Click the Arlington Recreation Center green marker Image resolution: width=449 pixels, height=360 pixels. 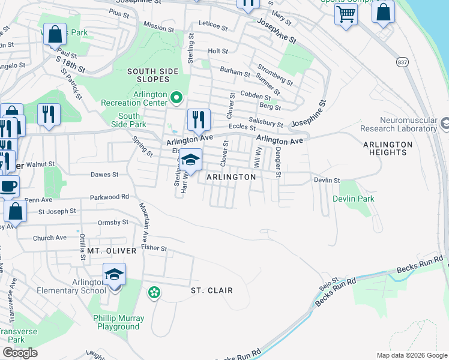tap(176, 97)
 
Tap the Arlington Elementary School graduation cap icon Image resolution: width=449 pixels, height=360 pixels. tap(115, 275)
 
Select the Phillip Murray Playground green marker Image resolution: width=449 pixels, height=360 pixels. tap(154, 292)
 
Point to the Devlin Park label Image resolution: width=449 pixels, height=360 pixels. tap(354, 199)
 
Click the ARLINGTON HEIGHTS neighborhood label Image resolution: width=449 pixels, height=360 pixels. tap(388, 148)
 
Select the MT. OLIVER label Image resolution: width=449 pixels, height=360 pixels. tap(112, 250)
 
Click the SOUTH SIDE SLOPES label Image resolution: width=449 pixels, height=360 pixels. tap(152, 76)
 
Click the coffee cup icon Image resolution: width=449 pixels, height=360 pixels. tap(8, 186)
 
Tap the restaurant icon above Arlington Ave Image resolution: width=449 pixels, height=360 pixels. tap(199, 120)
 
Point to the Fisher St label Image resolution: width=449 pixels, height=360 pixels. tap(154, 247)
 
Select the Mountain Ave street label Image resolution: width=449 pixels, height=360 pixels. tap(146, 223)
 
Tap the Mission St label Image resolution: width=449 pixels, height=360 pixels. tap(159, 26)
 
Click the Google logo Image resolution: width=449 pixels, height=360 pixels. tap(20, 353)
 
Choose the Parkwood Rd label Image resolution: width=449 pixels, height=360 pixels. tap(109, 196)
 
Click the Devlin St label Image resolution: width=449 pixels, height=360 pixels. tap(327, 180)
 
